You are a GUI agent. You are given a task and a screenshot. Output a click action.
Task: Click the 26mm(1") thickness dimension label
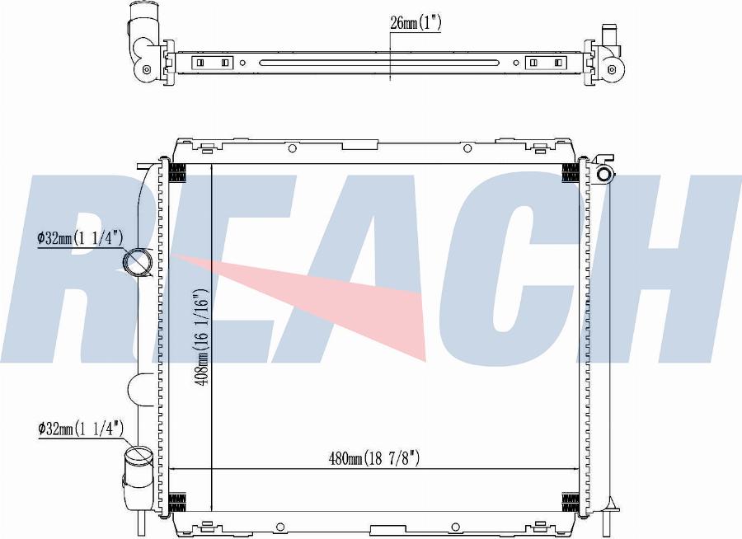point(415,23)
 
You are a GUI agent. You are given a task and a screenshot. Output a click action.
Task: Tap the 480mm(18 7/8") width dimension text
point(373,458)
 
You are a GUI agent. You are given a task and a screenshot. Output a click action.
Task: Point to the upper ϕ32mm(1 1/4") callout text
point(81,238)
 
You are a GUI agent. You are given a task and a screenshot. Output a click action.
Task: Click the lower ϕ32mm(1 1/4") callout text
point(81,429)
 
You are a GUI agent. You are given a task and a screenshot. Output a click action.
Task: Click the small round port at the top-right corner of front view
point(604,174)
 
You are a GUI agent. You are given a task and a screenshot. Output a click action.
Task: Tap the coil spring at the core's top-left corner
point(177,173)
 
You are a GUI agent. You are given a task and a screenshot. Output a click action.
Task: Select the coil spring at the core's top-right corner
point(571,173)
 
